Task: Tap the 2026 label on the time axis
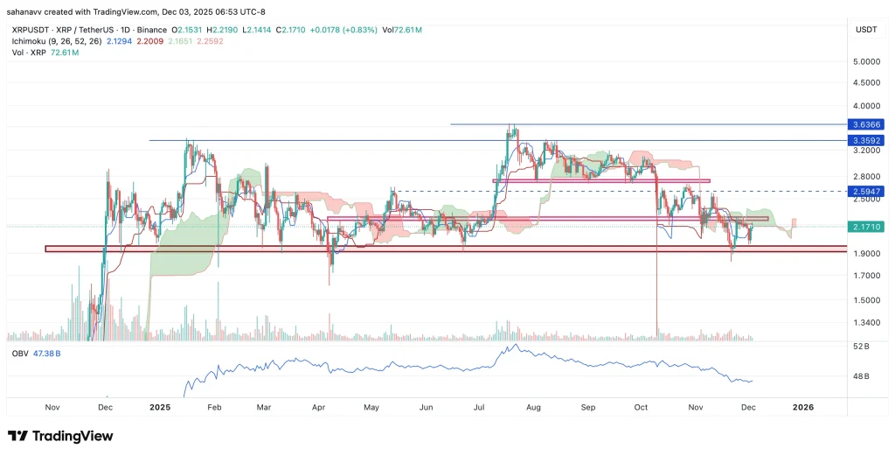coord(801,408)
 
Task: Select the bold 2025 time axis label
coord(159,408)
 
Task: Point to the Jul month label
coord(478,408)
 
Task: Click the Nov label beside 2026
coord(697,408)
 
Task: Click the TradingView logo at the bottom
coord(60,436)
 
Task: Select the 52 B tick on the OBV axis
coord(861,347)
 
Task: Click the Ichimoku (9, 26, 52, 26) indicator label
coord(55,40)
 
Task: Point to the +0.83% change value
coord(352,30)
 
